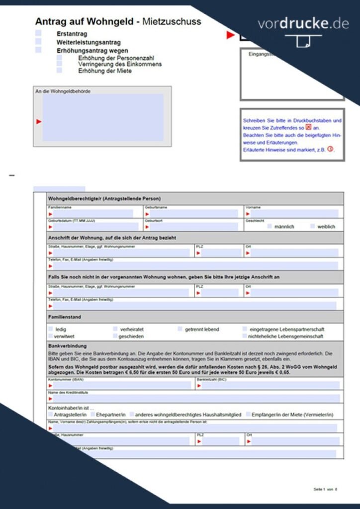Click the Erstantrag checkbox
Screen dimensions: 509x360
(x=38, y=33)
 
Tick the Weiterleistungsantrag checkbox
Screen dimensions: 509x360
(x=38, y=42)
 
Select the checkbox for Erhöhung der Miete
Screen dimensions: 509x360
(x=59, y=71)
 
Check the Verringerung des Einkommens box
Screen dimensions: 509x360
(x=59, y=64)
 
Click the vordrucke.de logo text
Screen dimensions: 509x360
(x=303, y=24)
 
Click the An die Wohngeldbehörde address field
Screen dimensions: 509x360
(x=102, y=118)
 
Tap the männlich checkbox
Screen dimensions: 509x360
(x=270, y=226)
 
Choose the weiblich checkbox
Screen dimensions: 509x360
(x=313, y=226)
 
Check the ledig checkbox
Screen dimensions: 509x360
(x=51, y=329)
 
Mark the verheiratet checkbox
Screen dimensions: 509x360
(x=115, y=329)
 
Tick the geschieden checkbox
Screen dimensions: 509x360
(x=115, y=336)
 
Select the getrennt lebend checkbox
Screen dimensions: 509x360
(x=180, y=329)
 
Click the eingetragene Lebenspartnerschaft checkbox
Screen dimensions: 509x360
(x=245, y=329)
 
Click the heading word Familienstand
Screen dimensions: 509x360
(x=65, y=317)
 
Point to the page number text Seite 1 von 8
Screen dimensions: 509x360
(x=325, y=490)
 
